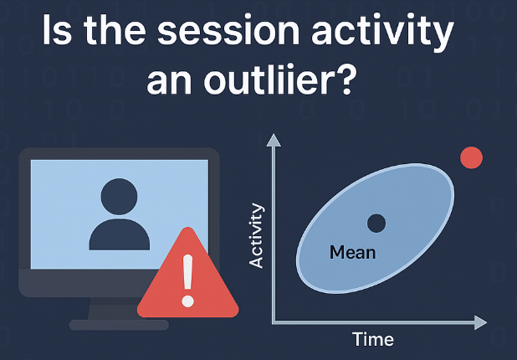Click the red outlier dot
pos(472,157)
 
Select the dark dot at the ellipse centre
pos(376,223)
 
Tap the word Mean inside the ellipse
pos(352,252)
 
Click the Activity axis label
pos(258,235)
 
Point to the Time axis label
pos(373,340)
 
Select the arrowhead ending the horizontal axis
pos(479,322)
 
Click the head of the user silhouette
pos(120,196)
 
